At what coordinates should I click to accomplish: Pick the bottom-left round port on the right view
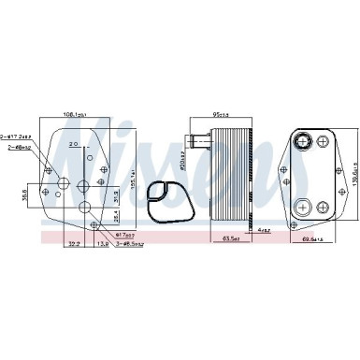[x=304, y=206]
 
